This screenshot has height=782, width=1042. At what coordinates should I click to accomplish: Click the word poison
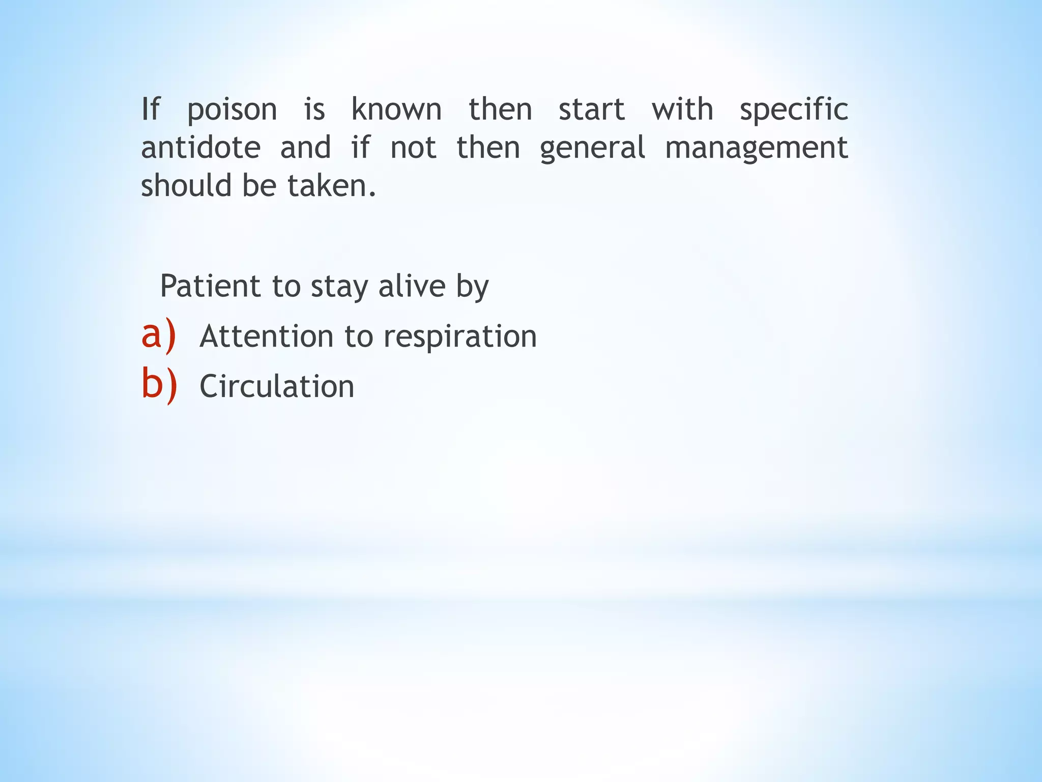pos(232,110)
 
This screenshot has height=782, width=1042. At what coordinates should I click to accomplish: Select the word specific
pos(794,110)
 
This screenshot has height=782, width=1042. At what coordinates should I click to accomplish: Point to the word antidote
pos(201,148)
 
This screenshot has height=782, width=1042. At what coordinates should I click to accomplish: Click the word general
pos(592,149)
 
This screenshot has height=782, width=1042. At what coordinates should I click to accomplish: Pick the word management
pos(757,149)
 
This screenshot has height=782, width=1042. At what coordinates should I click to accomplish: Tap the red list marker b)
pos(159,385)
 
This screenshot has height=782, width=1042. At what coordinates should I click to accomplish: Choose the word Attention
pos(267,337)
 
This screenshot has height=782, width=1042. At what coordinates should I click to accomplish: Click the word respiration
pos(460,337)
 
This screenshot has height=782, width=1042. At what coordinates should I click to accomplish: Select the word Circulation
pos(277,386)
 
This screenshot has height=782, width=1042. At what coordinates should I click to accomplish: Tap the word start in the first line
pos(592,109)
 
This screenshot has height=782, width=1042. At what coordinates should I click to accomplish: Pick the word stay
pos(339,286)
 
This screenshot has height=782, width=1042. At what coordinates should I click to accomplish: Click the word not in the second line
pos(413,148)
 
